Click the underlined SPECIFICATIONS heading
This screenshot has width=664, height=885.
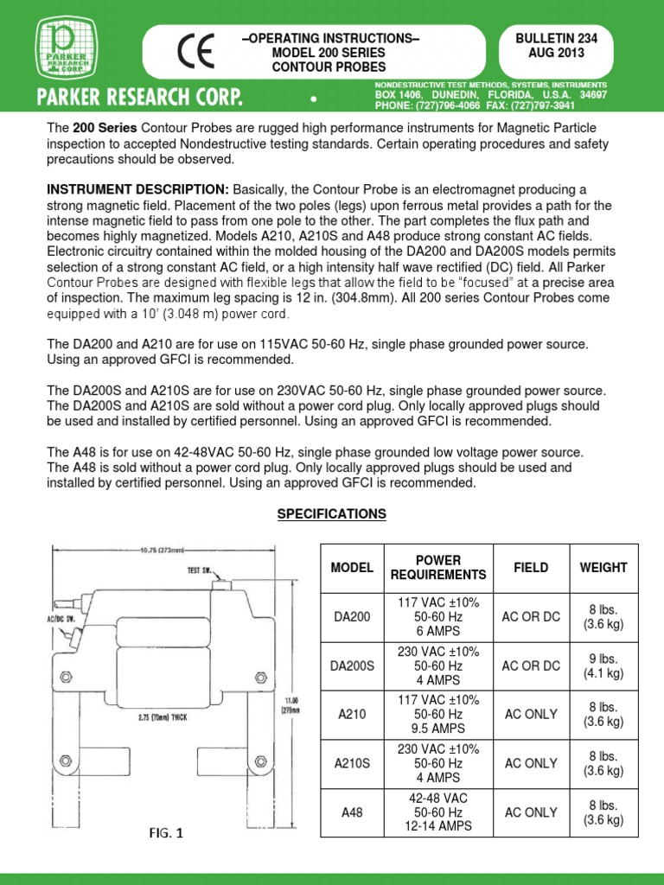pos(331,513)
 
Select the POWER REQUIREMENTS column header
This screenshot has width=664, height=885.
pos(438,568)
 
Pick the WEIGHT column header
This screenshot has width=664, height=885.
pos(603,568)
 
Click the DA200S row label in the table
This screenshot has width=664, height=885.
pos(352,666)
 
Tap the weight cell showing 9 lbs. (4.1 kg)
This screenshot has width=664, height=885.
pos(603,666)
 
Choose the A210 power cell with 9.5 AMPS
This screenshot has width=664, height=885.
pos(438,715)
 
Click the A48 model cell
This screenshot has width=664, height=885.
pos(352,813)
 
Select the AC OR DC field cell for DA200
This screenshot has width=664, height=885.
pos(531,617)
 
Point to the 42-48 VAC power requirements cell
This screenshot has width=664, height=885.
pos(438,813)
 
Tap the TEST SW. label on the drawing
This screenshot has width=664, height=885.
pos(201,570)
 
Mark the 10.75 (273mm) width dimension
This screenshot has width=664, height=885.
pos(173,546)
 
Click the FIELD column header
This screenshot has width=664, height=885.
pos(531,568)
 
